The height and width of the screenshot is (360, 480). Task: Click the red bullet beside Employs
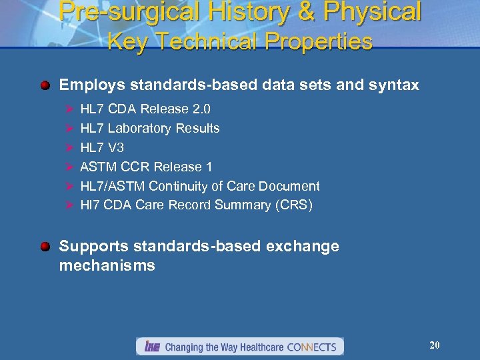pos(45,85)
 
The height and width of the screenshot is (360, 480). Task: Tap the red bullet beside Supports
pos(45,247)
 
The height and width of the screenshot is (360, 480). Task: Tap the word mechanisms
pos(107,265)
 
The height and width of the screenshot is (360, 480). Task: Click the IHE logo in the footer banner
pos(150,347)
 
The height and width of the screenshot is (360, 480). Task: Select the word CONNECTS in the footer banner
pos(311,347)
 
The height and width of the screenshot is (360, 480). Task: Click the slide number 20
pos(435,345)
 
